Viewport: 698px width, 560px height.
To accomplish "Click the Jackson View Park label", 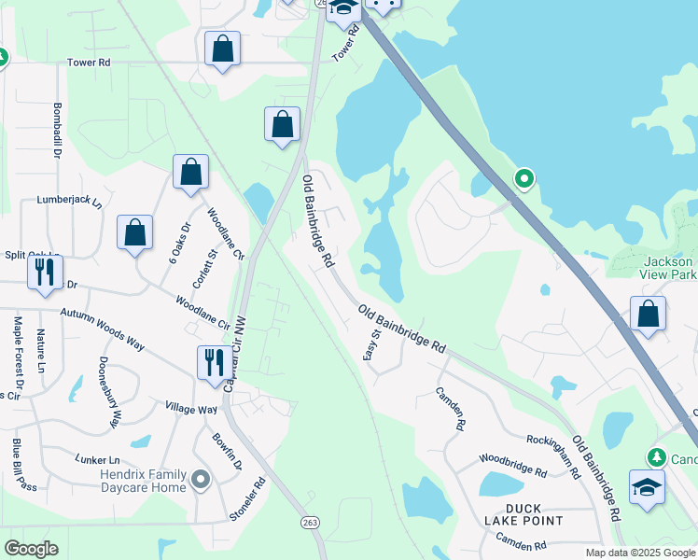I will click(x=669, y=269).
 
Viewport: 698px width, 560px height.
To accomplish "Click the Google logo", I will click(x=32, y=548).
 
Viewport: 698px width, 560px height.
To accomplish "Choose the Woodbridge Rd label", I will click(x=512, y=465).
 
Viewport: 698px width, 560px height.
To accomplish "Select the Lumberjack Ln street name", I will click(x=67, y=200).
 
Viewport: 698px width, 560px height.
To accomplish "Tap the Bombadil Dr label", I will click(x=57, y=129).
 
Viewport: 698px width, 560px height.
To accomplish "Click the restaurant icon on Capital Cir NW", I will click(x=214, y=361).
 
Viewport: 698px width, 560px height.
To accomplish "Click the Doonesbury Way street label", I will click(x=108, y=392).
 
